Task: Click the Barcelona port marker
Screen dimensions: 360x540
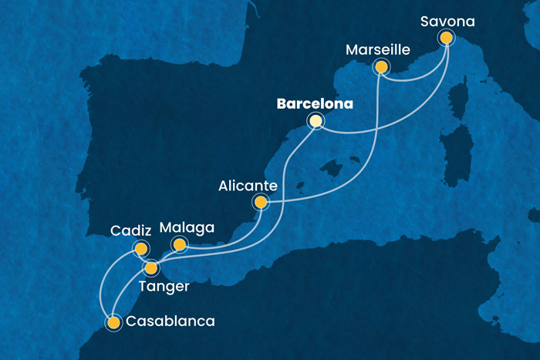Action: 315,120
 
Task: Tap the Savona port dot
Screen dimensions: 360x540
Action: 445,37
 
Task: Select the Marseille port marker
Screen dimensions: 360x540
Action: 380,67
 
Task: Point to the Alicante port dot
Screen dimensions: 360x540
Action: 261,203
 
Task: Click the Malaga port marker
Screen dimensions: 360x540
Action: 180,245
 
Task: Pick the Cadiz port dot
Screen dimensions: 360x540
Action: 140,248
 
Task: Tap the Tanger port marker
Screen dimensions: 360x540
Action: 151,268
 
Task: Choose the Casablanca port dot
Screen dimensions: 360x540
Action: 114,322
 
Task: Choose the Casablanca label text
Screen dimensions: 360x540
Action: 170,321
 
